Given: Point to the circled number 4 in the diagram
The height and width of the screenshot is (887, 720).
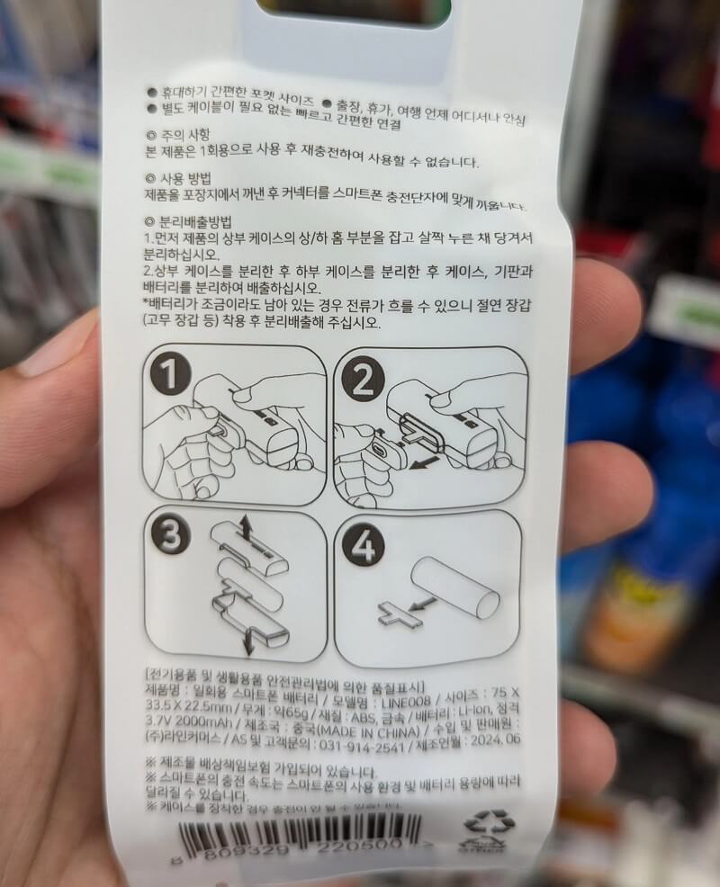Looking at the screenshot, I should pos(364,545).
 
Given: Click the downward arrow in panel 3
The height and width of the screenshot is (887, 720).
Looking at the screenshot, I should pos(249,642).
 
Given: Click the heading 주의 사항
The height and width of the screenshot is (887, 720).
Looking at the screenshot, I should pos(181,135).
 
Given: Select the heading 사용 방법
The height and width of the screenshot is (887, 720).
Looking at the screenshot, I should pos(181,178).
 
